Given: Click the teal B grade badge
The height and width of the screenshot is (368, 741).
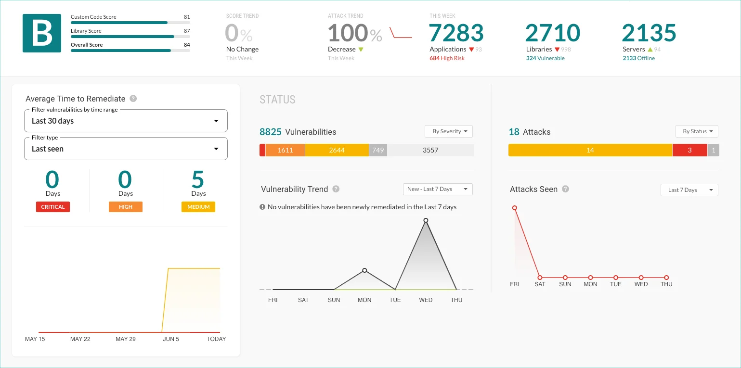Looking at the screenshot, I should click(x=42, y=33).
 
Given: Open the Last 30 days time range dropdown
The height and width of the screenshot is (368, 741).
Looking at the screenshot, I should click(x=126, y=121).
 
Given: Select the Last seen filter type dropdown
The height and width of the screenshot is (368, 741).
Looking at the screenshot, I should click(x=126, y=149).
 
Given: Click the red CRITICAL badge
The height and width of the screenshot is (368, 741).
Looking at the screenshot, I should click(x=53, y=207).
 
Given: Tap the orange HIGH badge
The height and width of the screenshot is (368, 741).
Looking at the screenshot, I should click(x=125, y=207).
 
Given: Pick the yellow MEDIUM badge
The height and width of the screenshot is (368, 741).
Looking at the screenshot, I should click(x=198, y=207).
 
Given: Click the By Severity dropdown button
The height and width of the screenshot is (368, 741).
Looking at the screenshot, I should click(x=449, y=131).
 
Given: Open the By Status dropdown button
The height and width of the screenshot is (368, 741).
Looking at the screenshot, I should click(x=697, y=131).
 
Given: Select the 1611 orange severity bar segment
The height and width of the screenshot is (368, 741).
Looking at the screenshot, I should click(x=285, y=150).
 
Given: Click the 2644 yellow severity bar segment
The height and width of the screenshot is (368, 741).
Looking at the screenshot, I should click(x=337, y=150).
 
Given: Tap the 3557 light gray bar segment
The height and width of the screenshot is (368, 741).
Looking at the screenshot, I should click(x=430, y=150).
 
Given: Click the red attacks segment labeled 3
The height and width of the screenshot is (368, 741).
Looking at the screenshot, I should click(x=689, y=150).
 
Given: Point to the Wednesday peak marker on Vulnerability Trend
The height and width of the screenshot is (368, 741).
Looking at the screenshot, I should click(x=426, y=220).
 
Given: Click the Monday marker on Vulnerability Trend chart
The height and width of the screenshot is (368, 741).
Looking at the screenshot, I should click(x=364, y=270).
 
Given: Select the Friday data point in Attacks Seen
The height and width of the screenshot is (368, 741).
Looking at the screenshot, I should click(x=515, y=208).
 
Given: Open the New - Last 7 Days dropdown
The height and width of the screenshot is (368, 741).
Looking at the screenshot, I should click(x=438, y=189).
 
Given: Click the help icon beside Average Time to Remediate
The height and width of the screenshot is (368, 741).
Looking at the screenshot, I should click(x=133, y=99).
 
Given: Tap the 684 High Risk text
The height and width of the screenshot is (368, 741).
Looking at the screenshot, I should click(x=447, y=58).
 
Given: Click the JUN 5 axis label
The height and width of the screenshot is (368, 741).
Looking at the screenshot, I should click(x=171, y=339).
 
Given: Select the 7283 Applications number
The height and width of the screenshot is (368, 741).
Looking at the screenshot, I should click(x=456, y=33).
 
